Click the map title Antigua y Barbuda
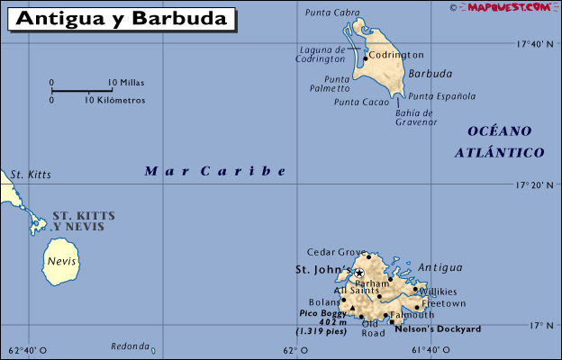tap(122, 18)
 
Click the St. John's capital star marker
tap(358, 273)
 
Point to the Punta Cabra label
tap(332, 13)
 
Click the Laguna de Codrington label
tap(321, 54)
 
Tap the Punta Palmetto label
tap(330, 84)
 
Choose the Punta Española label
tap(442, 96)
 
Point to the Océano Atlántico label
tap(500, 141)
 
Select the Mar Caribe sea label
tap(215, 170)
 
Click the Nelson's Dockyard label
tap(439, 329)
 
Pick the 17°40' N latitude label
tap(535, 43)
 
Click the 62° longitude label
tap(290, 350)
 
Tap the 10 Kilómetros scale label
tap(115, 100)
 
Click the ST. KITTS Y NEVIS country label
tap(78, 221)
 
